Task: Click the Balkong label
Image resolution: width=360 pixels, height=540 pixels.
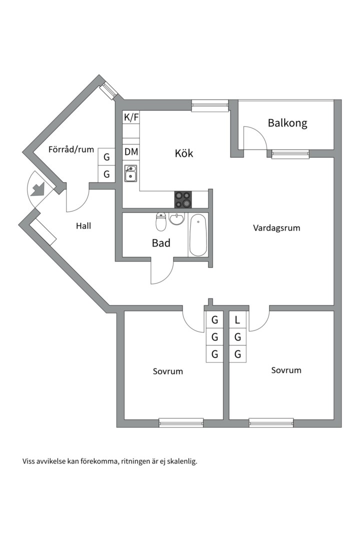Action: click(x=287, y=123)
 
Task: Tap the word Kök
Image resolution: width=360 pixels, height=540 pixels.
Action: click(x=184, y=153)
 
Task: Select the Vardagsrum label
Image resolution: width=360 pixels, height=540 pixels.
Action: click(x=276, y=228)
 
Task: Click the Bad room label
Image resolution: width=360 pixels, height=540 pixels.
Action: click(x=161, y=243)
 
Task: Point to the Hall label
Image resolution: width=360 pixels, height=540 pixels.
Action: click(x=83, y=226)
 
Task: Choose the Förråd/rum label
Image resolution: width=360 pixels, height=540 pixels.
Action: click(x=71, y=149)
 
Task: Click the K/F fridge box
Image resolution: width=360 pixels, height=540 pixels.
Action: click(x=131, y=117)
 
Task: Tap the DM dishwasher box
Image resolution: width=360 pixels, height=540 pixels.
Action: click(x=131, y=151)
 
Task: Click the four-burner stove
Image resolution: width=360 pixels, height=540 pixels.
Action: click(x=183, y=199)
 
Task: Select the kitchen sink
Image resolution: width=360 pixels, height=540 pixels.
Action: click(x=131, y=173)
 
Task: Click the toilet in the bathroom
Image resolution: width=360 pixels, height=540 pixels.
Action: click(x=161, y=222)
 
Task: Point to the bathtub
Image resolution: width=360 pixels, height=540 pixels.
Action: click(x=198, y=235)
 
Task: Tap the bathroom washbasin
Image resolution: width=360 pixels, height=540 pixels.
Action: click(x=176, y=218)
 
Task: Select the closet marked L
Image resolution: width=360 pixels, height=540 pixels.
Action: click(x=237, y=320)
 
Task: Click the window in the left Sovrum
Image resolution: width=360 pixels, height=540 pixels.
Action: click(x=181, y=422)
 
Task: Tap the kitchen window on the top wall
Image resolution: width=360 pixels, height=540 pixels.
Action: click(x=210, y=105)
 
